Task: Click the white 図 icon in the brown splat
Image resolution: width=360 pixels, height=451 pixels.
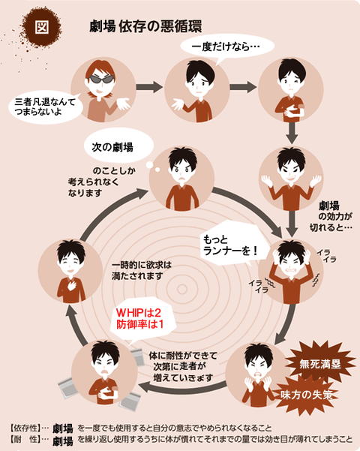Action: [x=42, y=27]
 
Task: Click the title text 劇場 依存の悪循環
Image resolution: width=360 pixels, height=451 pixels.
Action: [x=145, y=26]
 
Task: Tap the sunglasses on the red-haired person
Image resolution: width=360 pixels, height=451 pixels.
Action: [x=100, y=80]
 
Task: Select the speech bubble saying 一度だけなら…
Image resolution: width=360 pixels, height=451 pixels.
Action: [x=227, y=47]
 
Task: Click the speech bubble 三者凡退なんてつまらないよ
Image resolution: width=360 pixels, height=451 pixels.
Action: [x=46, y=107]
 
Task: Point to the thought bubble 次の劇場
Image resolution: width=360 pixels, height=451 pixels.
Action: [x=118, y=146]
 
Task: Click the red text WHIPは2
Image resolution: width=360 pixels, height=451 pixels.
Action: [x=138, y=313]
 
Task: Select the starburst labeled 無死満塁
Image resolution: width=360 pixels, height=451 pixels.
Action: [x=320, y=364]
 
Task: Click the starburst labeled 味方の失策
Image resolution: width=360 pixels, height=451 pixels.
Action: [x=307, y=395]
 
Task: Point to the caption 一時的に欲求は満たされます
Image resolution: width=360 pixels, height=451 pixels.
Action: [x=142, y=270]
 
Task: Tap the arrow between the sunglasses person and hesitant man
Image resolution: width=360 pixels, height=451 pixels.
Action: [x=149, y=87]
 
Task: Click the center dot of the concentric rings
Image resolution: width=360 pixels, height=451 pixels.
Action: [x=182, y=290]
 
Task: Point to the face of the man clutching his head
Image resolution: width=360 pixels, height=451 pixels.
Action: [x=291, y=267]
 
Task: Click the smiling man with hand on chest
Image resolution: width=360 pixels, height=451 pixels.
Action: [x=70, y=271]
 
